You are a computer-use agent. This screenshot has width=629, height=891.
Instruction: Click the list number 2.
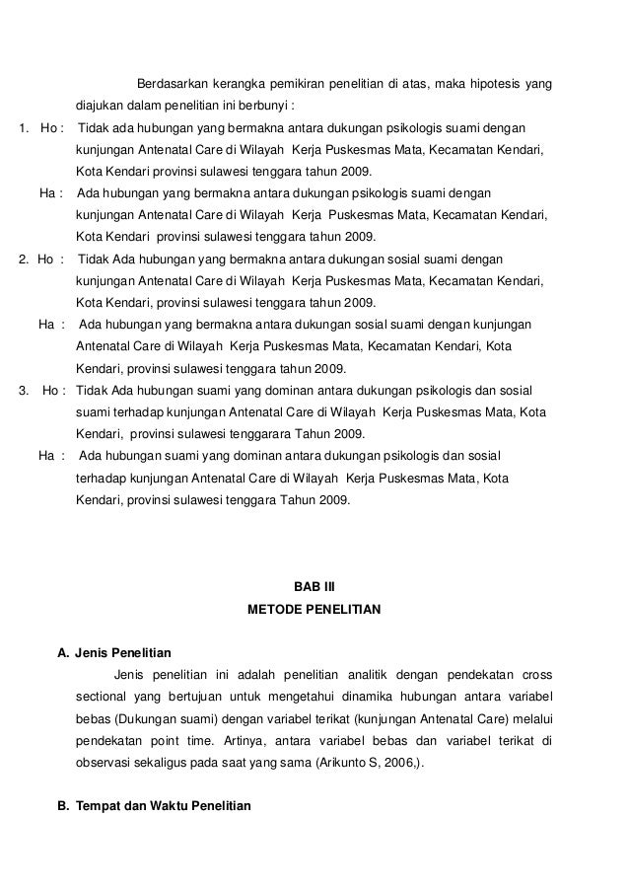[24, 259]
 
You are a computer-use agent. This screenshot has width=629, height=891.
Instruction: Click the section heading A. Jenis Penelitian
[114, 653]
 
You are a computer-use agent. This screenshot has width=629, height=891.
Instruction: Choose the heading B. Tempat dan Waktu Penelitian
[154, 806]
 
